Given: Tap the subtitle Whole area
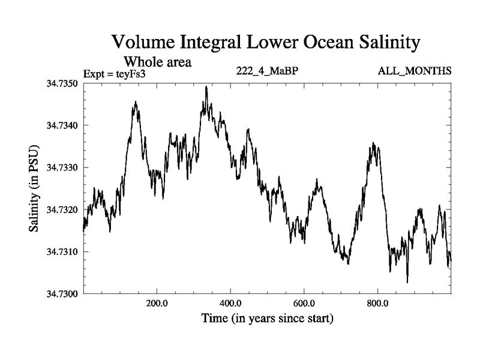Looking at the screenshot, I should click(157, 61).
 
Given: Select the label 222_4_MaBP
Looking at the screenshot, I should click(268, 71).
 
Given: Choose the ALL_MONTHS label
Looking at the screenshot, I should click(415, 71).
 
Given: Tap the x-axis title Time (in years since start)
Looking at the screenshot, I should click(267, 318).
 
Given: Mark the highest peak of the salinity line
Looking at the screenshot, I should click(206, 87).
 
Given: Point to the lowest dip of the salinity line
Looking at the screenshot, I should click(407, 282).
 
